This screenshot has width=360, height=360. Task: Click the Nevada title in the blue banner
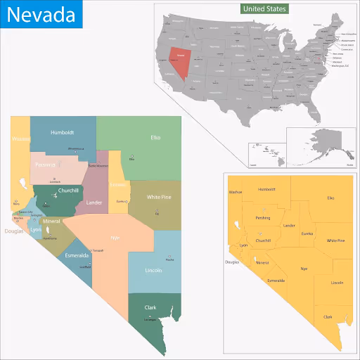click(41, 14)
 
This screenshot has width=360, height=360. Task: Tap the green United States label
click(264, 9)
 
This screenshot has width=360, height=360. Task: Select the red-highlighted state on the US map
click(182, 62)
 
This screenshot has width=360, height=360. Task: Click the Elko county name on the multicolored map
click(155, 137)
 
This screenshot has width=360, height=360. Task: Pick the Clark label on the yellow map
click(328, 316)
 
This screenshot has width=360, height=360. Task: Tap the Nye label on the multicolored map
click(115, 238)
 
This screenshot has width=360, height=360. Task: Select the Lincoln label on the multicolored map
click(153, 270)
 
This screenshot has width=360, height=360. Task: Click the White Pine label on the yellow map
click(335, 240)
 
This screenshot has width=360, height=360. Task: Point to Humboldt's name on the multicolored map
click(62, 131)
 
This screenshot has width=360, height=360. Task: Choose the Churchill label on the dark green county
click(68, 191)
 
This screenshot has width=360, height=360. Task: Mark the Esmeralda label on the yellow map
click(276, 280)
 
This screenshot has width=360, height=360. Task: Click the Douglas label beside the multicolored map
click(13, 231)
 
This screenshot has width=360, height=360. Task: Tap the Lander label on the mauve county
click(94, 202)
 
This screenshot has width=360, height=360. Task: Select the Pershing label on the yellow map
click(262, 218)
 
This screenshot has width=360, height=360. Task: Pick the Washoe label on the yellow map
click(236, 191)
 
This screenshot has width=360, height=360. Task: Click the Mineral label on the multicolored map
click(51, 221)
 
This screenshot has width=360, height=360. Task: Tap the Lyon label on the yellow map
click(244, 245)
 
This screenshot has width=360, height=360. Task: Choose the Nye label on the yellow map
click(304, 269)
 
